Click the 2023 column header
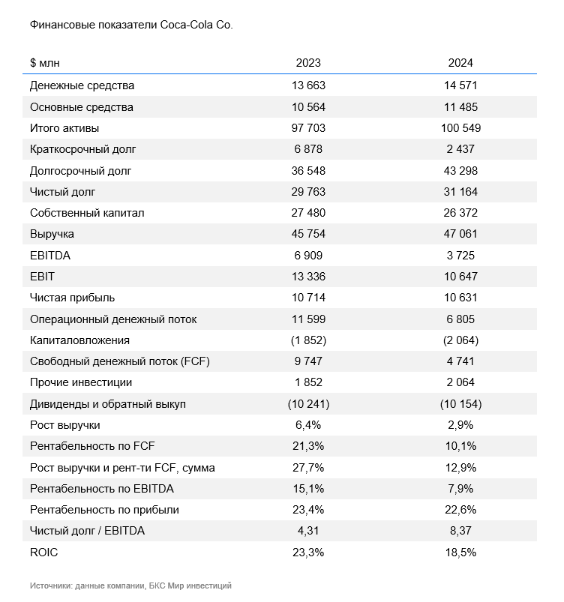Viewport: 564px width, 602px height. (308, 62)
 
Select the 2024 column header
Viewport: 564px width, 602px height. (460, 62)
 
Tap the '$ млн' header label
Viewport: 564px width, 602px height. (44, 62)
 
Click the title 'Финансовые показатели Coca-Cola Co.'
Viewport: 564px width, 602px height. (131, 25)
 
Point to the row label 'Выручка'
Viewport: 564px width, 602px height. (52, 234)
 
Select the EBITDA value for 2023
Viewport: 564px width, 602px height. (308, 256)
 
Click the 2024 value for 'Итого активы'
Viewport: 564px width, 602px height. (460, 128)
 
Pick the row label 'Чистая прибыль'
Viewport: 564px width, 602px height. (72, 298)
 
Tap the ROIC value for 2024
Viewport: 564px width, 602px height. (460, 552)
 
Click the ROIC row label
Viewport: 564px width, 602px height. (43, 552)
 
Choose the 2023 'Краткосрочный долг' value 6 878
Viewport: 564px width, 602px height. (308, 149)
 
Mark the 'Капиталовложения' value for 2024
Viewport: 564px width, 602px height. (460, 340)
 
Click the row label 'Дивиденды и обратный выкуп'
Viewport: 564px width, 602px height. (108, 404)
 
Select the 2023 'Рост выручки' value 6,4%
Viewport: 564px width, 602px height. (308, 425)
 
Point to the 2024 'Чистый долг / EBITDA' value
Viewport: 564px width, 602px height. (460, 531)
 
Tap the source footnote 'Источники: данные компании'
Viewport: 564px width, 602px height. (88, 586)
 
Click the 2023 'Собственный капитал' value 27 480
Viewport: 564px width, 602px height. (308, 213)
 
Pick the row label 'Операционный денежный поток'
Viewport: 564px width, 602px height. (113, 319)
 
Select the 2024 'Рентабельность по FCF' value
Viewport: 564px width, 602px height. (460, 446)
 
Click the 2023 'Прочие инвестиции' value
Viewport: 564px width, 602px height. (308, 382)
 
